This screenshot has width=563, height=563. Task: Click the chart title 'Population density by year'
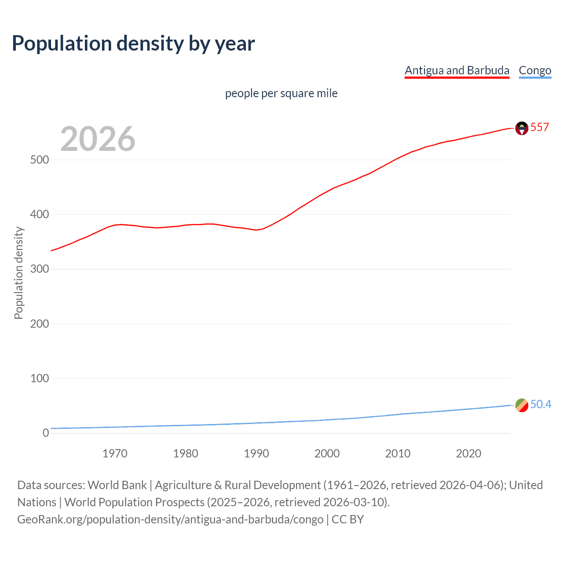point(133,44)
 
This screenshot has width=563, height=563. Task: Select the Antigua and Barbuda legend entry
point(457,70)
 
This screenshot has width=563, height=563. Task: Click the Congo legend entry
point(535,70)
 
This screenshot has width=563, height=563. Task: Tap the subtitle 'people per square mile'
point(281,93)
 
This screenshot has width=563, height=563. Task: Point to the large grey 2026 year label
point(98,139)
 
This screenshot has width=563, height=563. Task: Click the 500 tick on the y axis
point(39,160)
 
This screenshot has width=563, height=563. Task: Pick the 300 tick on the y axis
point(39,269)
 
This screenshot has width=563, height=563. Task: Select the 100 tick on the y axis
point(39,378)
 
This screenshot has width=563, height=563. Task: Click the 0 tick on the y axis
point(46,433)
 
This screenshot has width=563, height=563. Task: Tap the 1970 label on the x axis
point(115,453)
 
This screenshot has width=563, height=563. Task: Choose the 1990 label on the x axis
point(256,453)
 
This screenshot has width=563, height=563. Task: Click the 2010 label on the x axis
point(398,453)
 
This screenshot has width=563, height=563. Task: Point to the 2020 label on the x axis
point(468,453)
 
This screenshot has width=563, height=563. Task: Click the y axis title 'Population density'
point(18,273)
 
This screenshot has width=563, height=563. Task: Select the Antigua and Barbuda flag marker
point(522,128)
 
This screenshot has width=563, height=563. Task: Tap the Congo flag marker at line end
point(522,405)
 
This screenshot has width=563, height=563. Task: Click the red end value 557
point(539,128)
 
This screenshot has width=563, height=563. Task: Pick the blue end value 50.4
point(541,404)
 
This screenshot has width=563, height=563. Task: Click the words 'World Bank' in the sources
point(117,485)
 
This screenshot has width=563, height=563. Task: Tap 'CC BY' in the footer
point(347,519)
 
